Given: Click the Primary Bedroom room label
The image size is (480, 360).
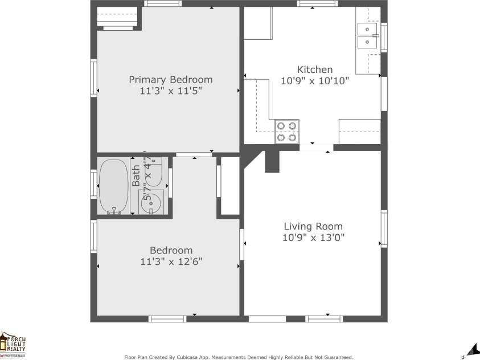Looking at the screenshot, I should coord(170,80).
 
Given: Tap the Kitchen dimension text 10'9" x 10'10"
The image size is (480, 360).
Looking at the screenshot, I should coord(315,81).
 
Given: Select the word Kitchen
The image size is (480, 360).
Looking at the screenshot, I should coord(315,69).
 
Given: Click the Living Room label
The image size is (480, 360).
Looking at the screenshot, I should coord(313,226).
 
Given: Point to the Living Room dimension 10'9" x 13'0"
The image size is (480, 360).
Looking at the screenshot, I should coord(313,238).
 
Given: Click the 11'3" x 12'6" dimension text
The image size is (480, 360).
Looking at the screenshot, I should coord(171,261).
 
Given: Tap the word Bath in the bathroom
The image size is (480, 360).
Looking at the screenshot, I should coord(136,175).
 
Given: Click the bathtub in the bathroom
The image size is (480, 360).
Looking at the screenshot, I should coord(113,186).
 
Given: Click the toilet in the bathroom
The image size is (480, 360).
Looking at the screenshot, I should coord(153,171).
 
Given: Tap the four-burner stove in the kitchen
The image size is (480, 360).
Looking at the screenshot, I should coord(287,131).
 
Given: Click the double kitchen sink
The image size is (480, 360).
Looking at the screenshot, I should coord(368,35).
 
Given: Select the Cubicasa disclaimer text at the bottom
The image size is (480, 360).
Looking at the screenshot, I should coord(239,357).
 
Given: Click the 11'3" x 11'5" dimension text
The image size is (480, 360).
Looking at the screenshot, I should coord(170,91).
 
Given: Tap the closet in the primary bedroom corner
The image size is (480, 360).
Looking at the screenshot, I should coord(118,17).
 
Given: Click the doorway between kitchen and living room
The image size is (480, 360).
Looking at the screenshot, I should coord(316,148).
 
